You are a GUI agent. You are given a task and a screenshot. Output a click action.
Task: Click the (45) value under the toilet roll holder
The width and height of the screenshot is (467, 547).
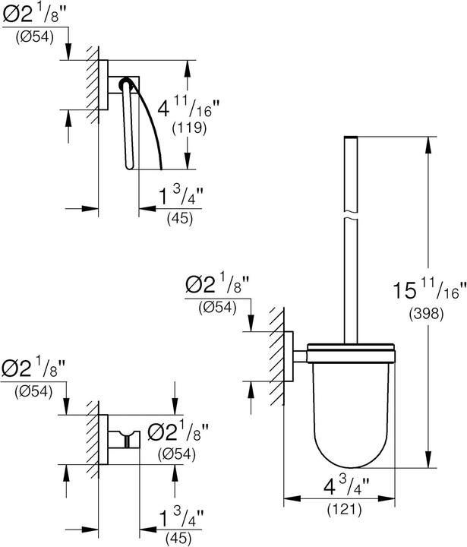(179, 218)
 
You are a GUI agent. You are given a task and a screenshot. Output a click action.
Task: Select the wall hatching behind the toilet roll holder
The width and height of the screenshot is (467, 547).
(93, 83)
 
